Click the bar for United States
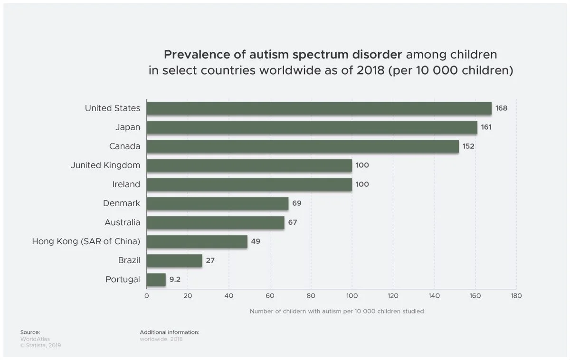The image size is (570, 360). (x=319, y=108)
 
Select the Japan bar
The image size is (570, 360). (x=312, y=127)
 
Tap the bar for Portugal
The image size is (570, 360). (x=156, y=279)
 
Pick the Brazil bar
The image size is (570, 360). (x=174, y=260)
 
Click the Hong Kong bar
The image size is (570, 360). (x=197, y=241)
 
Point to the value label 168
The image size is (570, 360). (x=501, y=108)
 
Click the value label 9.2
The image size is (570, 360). (x=175, y=279)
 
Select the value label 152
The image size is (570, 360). (x=468, y=146)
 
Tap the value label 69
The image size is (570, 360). (x=297, y=203)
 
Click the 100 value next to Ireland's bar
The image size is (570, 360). (x=362, y=184)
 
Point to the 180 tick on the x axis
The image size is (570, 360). (x=516, y=296)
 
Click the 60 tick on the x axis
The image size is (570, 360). (x=270, y=296)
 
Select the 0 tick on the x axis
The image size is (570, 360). (x=146, y=296)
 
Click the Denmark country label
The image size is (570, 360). (x=122, y=203)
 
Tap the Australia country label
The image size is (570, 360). (x=122, y=222)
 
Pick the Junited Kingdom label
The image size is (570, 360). (x=105, y=165)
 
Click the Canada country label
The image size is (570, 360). (x=124, y=146)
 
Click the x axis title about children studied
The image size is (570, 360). (x=337, y=312)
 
